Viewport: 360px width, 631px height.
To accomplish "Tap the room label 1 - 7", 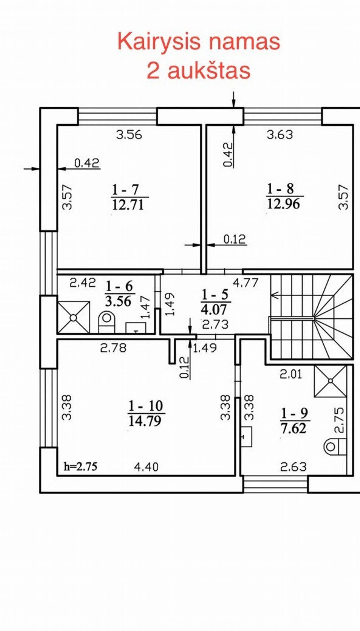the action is (125, 190).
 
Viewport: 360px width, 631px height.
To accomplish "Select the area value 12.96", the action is (283, 204).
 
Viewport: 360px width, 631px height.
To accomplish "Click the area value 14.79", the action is (145, 421).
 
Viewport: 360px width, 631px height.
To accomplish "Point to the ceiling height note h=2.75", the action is (81, 467).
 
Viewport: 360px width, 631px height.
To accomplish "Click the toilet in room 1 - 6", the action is (107, 322).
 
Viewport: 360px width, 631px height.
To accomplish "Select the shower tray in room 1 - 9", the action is (330, 381).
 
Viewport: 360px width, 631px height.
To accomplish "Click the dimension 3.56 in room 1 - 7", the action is (129, 135).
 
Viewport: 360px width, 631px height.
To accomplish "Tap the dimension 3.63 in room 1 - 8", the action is (280, 135).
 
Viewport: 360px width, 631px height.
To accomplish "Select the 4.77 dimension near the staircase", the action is (245, 283).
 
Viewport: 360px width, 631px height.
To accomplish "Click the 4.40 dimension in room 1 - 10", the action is (146, 467).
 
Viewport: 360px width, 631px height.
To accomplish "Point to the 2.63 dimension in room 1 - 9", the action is (293, 467).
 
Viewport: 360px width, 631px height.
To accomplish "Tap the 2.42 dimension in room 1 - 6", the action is (83, 283).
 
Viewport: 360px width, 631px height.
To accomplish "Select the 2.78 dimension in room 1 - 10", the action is (113, 348).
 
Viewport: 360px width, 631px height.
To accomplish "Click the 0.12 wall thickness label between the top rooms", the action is (234, 239).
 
